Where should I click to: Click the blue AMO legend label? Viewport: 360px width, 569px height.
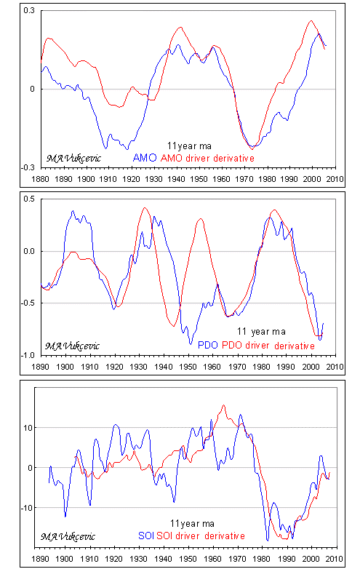(145, 158)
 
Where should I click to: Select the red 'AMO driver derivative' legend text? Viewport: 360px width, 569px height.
(207, 158)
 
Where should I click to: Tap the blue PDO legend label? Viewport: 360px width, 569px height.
(208, 345)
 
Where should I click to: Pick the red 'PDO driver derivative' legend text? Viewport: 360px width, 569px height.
(268, 345)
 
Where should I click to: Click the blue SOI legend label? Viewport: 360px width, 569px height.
(146, 536)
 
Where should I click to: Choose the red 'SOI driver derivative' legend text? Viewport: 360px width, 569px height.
(201, 536)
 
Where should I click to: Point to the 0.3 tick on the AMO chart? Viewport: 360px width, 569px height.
(29, 10)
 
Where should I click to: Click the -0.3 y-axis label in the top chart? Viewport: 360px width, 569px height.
(28, 167)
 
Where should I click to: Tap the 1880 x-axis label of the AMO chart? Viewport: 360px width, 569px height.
(40, 179)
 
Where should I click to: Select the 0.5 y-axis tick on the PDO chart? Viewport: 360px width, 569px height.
(29, 199)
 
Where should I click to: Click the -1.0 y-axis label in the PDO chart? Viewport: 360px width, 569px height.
(28, 355)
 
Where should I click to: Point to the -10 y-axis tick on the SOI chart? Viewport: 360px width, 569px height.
(27, 508)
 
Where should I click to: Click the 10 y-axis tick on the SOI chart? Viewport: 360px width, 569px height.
(28, 428)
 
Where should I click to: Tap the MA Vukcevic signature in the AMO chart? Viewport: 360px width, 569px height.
(73, 159)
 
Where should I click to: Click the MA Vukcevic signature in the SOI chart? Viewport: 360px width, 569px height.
(68, 537)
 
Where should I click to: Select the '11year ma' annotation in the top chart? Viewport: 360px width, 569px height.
(189, 146)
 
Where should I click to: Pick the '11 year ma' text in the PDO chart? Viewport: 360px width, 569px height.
(261, 332)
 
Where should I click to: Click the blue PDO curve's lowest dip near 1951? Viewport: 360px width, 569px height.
(191, 343)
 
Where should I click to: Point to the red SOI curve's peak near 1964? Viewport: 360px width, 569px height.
(223, 405)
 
